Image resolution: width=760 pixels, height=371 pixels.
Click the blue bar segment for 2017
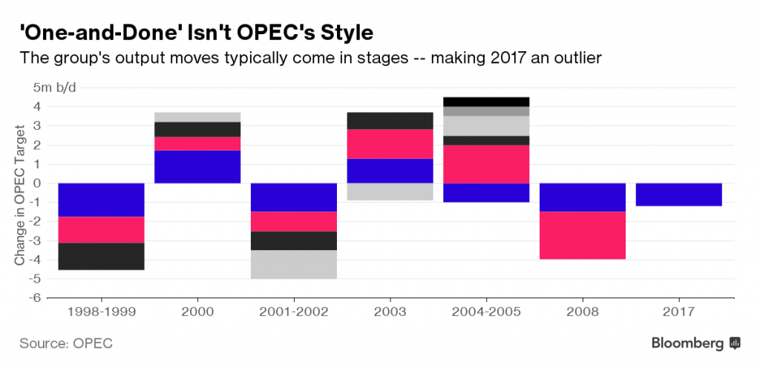678,194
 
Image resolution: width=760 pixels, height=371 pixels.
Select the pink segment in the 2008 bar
582,235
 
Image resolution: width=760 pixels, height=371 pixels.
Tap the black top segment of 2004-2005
485,102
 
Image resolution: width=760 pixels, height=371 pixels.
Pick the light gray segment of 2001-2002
293,264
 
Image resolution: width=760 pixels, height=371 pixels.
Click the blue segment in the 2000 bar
197,167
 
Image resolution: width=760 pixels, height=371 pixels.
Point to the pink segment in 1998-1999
101,230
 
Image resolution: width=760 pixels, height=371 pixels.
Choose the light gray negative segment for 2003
390,191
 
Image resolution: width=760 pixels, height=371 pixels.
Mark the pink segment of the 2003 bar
390,144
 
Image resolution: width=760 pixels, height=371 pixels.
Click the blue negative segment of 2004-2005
485,192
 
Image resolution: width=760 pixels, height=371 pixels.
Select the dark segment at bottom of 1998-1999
101,256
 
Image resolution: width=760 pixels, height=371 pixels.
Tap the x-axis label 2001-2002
293,312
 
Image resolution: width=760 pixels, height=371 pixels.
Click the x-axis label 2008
582,312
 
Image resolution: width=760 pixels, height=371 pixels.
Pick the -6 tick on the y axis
35,298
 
